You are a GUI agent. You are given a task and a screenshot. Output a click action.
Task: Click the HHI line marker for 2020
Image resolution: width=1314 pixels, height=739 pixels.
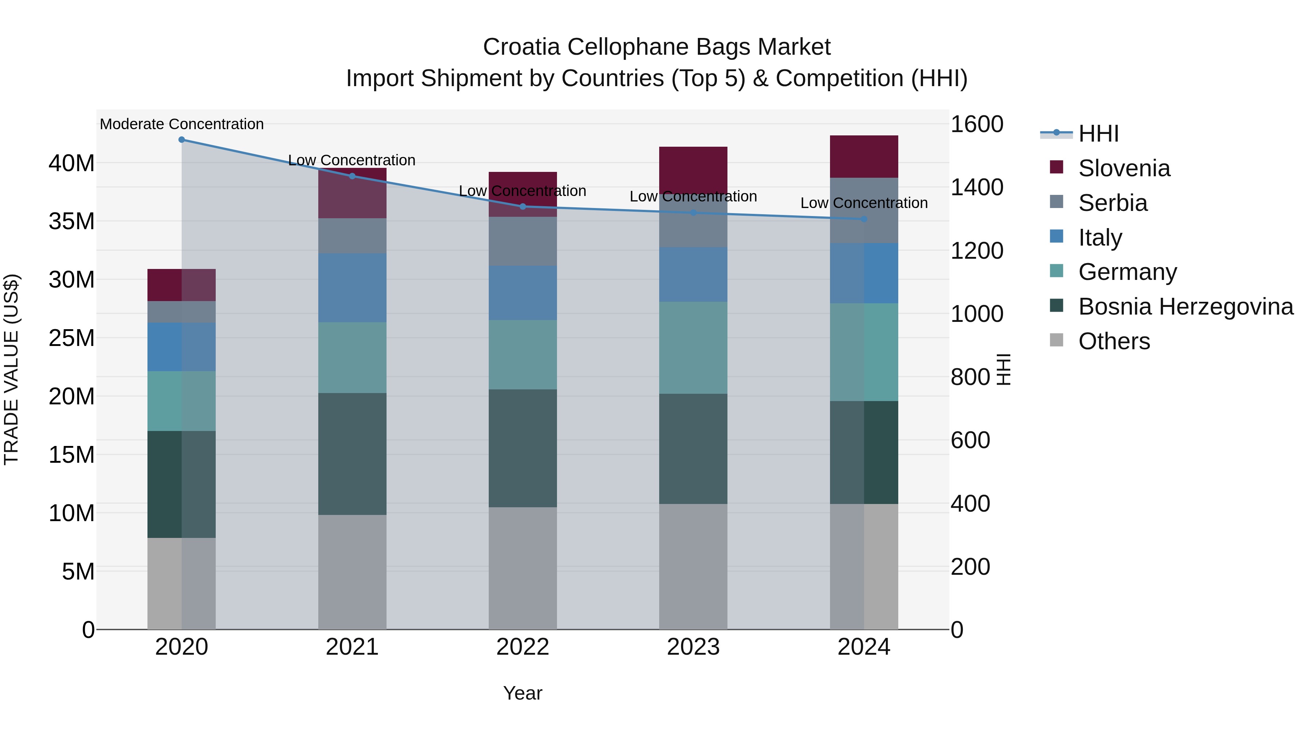pos(182,140)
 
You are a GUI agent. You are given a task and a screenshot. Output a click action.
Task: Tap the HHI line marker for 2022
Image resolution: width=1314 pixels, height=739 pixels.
pos(522,207)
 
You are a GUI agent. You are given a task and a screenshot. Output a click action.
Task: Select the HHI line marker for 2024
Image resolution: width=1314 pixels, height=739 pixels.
pos(864,219)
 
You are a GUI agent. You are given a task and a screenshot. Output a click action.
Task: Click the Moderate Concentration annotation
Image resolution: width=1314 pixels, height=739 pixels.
pos(182,124)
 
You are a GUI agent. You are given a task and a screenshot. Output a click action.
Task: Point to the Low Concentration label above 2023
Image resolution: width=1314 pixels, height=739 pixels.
pos(693,196)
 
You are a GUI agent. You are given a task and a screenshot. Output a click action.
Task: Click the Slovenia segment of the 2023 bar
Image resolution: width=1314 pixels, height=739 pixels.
pos(693,168)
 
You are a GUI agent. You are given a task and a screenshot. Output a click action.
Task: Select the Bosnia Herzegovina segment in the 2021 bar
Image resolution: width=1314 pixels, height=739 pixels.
pos(352,454)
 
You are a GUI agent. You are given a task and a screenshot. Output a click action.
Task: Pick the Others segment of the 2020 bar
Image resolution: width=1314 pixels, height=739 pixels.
pos(182,584)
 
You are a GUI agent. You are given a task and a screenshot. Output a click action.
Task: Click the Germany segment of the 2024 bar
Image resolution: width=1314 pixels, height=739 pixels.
pos(864,352)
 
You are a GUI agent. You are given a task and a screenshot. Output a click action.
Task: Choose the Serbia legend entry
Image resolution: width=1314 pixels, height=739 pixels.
pos(1112,203)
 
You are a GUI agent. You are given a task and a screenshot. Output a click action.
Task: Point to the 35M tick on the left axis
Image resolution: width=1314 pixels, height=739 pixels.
pos(72,222)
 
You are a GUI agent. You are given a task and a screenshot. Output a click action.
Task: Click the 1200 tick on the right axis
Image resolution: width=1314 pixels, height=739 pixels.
pos(976,251)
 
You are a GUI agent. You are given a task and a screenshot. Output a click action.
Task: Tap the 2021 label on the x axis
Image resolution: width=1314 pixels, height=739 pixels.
pos(352,647)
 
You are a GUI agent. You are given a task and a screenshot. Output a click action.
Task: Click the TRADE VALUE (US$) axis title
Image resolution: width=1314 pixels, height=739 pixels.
pos(11,369)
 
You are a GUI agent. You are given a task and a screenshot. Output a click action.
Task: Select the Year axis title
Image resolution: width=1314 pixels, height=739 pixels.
pos(522,693)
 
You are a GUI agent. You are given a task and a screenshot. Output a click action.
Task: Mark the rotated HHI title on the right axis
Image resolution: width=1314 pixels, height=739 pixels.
pos(1003,369)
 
